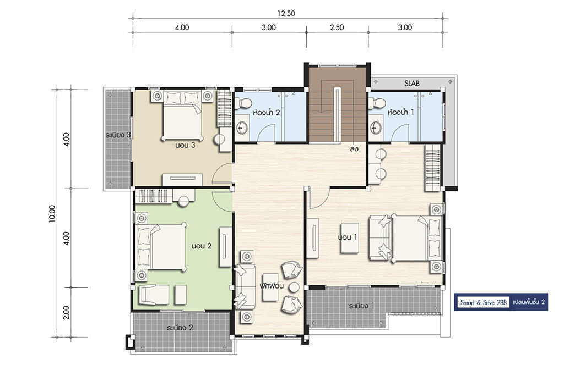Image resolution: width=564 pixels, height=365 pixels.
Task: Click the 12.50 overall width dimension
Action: click(286, 14)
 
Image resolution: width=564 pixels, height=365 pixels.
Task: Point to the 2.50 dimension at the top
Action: click(337, 27)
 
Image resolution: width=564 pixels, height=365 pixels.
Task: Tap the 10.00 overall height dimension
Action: click(52, 213)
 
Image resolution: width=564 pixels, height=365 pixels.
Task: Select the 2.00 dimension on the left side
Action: click(66, 312)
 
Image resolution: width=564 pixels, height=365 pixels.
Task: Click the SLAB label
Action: click(412, 84)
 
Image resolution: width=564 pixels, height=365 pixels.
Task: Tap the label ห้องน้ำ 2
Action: click(267, 113)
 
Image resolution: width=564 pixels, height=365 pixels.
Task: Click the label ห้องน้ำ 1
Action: click(401, 112)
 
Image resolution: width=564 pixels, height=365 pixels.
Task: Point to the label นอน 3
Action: click(185, 145)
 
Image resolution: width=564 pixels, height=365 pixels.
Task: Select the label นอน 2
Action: click(202, 246)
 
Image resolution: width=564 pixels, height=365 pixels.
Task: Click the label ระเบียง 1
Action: click(361, 306)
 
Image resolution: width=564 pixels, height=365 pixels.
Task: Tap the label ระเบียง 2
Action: click(180, 328)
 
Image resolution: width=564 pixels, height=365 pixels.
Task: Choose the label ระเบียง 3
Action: click(118, 135)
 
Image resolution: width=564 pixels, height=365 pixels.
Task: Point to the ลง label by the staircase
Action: click(354, 149)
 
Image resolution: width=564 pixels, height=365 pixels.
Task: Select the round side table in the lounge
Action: click(295, 287)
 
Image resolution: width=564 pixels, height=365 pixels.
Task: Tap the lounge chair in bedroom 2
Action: click(154, 295)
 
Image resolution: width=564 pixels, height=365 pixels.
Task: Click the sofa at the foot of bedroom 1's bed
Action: click(381, 237)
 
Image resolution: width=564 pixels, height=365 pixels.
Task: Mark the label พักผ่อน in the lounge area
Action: click(272, 286)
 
